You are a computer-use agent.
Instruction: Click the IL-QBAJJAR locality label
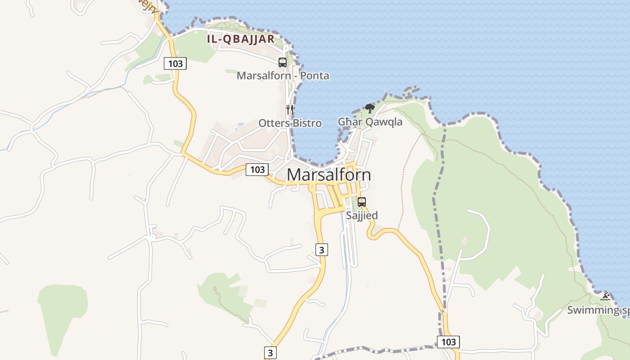241,39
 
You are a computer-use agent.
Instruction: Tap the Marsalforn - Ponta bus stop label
283,76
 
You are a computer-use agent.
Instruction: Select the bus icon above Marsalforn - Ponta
283,63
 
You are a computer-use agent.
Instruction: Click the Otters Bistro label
290,123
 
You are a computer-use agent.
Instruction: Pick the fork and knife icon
290,109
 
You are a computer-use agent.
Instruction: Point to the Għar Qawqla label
370,121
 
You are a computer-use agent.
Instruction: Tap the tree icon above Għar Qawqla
369,108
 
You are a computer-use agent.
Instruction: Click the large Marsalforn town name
328,175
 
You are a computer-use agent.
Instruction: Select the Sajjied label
361,216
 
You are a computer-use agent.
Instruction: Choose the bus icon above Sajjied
361,202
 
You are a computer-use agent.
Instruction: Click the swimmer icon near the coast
606,297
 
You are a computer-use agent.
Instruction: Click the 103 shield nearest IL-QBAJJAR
175,63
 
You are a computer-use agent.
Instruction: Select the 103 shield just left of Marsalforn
257,170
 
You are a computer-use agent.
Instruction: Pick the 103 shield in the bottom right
449,342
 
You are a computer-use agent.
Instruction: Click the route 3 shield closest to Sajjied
321,249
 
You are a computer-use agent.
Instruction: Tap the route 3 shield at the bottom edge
270,352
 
